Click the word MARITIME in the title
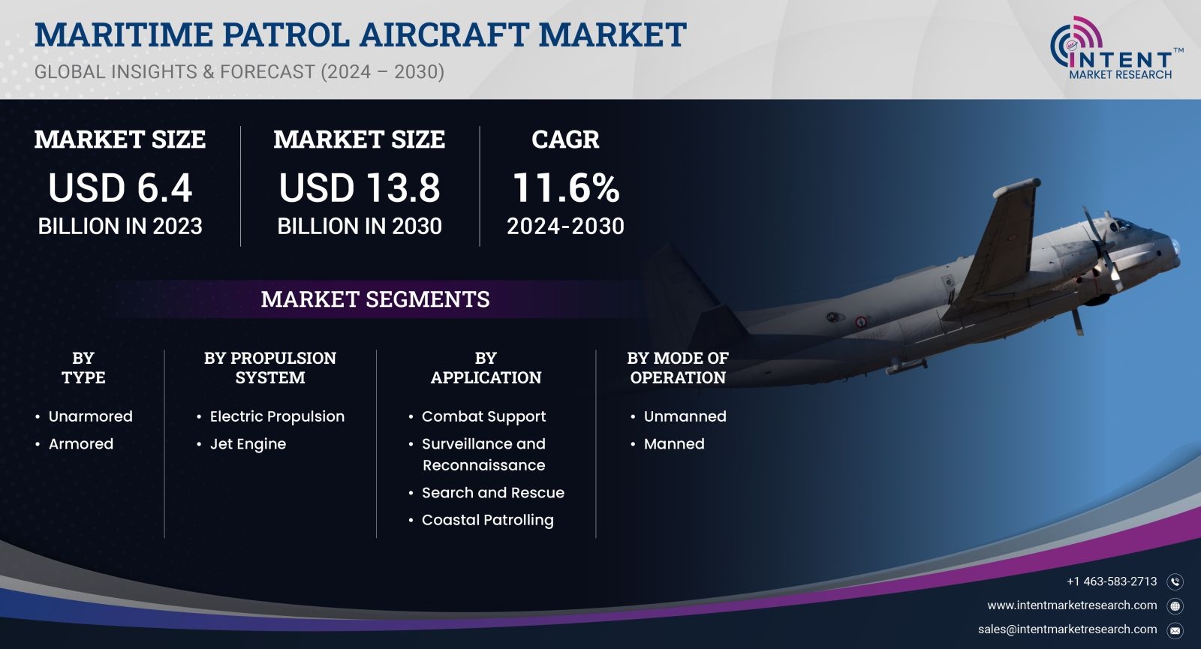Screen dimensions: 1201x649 [124, 35]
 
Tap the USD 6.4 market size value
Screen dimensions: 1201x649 [120, 188]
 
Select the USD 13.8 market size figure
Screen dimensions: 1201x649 [360, 188]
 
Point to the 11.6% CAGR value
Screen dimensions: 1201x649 [566, 188]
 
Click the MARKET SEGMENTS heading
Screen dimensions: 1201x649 [375, 299]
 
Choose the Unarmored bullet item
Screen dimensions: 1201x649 [90, 416]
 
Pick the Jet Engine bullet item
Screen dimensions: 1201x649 [248, 444]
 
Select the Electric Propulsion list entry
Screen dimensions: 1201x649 [277, 416]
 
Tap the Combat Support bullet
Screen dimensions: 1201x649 [483, 416]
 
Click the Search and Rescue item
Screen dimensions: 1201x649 [492, 492]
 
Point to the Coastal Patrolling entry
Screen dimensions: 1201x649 [487, 521]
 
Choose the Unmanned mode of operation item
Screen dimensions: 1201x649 [685, 416]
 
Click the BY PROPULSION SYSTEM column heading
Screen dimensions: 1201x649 [270, 368]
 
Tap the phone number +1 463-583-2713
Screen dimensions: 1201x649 [1112, 582]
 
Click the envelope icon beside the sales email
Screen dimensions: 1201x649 [1175, 631]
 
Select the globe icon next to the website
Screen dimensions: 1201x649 [1175, 606]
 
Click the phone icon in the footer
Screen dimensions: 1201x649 [1175, 582]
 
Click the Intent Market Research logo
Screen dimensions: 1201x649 [1116, 48]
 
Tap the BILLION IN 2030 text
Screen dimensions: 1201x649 [360, 226]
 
